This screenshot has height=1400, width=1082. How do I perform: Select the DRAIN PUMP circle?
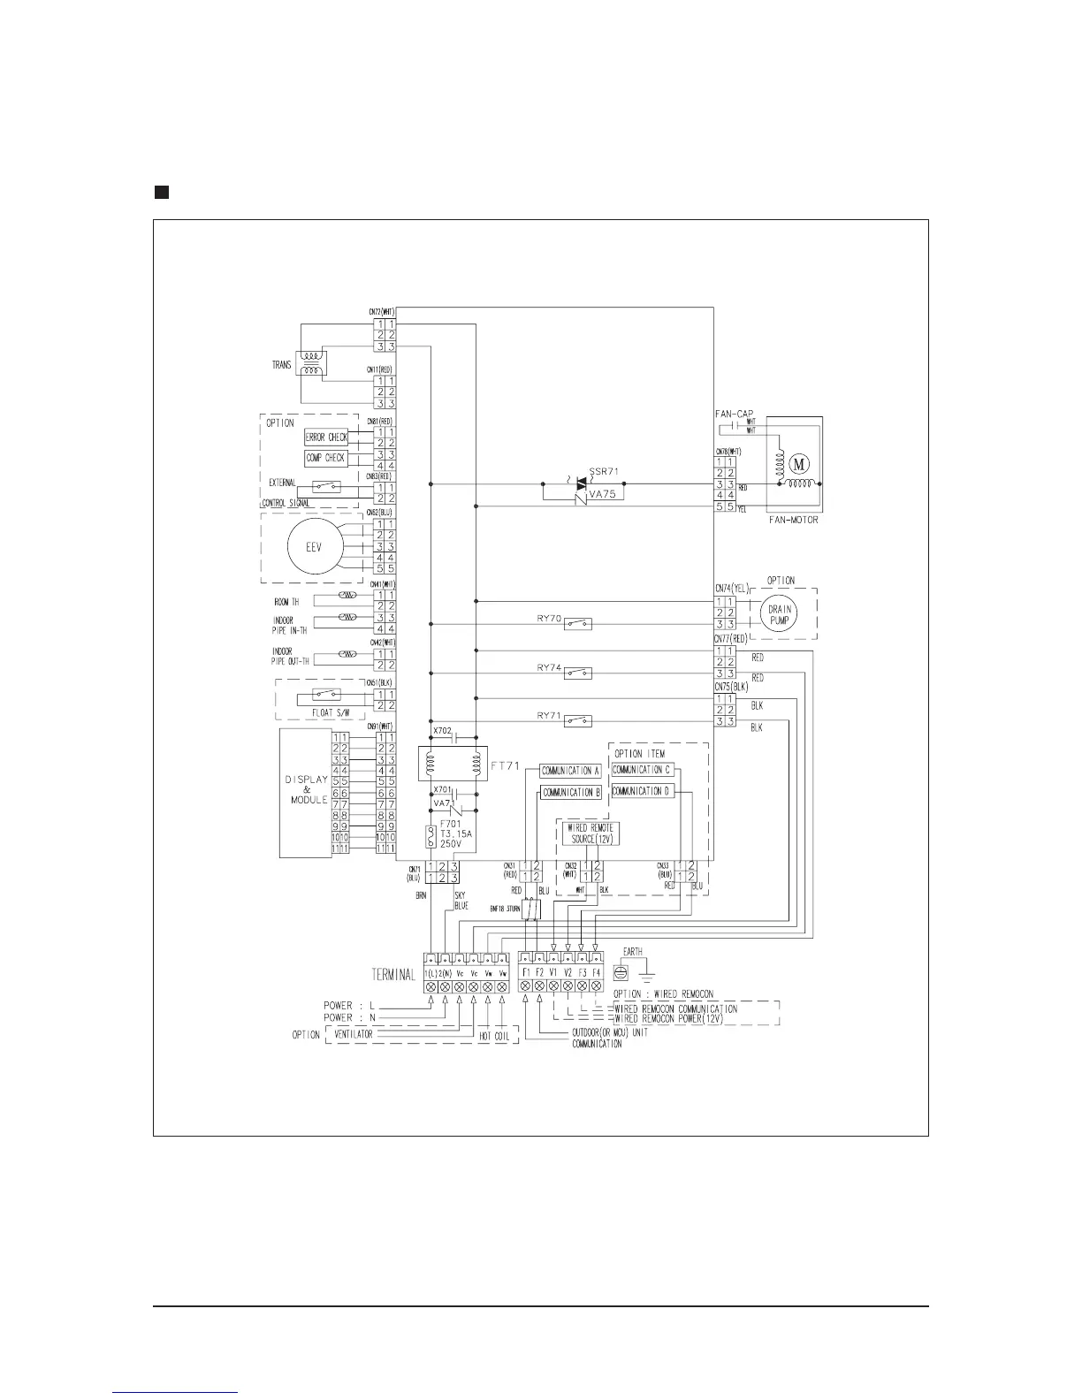(780, 614)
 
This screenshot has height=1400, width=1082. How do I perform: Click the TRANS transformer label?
(282, 365)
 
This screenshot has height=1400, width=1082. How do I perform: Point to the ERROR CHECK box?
(326, 437)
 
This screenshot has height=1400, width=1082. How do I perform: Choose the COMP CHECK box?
(326, 458)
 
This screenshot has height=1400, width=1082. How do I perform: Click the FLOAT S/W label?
(323, 710)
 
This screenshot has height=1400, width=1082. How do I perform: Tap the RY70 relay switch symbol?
(578, 624)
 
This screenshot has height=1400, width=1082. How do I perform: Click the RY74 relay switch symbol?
(578, 673)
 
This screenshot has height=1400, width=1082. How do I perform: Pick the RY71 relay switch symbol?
(578, 721)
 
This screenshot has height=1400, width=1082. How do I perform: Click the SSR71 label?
(602, 471)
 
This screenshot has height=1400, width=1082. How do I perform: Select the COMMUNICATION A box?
(570, 771)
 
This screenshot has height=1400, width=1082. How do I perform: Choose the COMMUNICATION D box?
(642, 792)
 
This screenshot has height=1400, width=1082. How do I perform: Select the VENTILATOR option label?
(354, 1034)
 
